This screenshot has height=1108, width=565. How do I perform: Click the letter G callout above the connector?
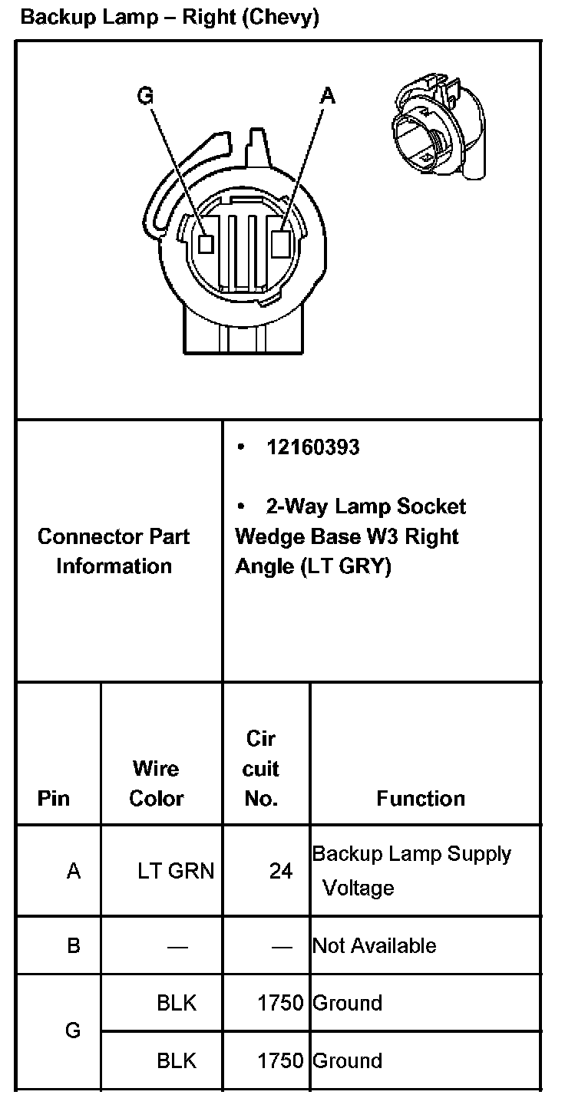[145, 95]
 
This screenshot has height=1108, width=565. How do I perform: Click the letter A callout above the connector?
[328, 95]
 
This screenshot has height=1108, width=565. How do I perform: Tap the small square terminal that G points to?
[205, 243]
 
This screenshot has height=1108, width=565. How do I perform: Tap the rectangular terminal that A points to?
[281, 243]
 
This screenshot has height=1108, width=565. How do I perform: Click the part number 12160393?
[312, 447]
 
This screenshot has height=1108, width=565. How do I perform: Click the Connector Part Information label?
[114, 551]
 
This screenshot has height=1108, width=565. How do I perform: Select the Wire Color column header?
[156, 783]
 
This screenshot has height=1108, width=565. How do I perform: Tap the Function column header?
[421, 798]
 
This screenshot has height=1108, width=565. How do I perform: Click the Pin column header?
[53, 798]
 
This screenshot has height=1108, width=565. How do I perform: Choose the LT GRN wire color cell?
[176, 871]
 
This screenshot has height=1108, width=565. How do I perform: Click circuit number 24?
[280, 871]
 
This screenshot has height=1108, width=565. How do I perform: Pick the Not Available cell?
[375, 945]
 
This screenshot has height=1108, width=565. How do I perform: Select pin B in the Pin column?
[73, 945]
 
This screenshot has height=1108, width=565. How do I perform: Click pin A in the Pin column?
[74, 871]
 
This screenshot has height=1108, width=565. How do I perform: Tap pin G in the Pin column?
[73, 1031]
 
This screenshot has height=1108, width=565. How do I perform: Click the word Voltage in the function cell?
[358, 889]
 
